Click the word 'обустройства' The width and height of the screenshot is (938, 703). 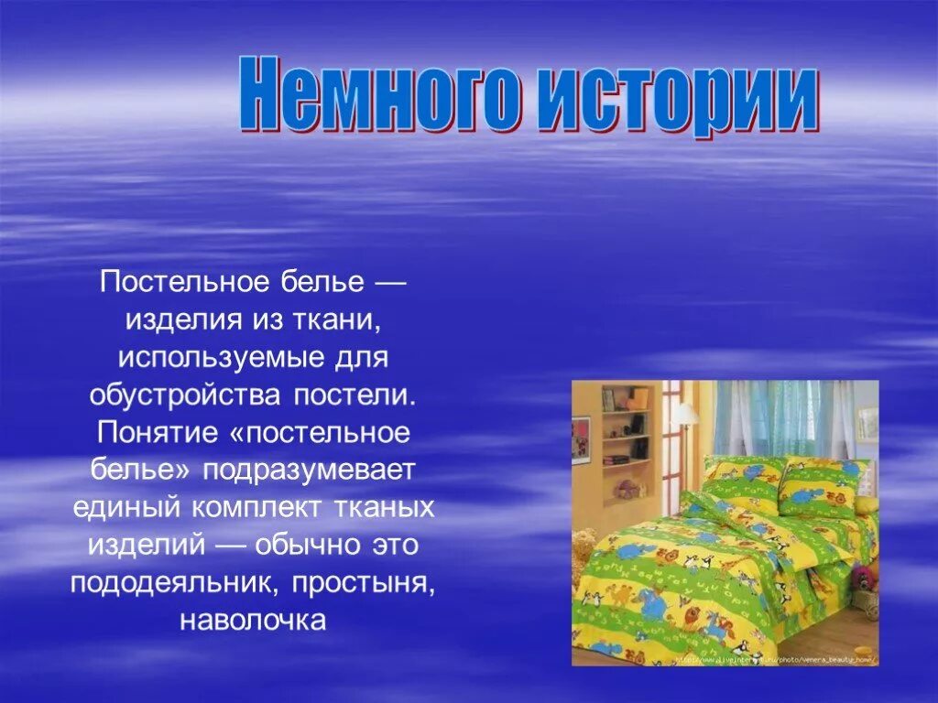187,398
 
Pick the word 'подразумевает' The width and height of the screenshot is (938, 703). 310,470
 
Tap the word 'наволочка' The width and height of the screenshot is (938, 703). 253,622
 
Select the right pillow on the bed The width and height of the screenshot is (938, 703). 822,485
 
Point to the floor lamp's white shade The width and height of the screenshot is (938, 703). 686,414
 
